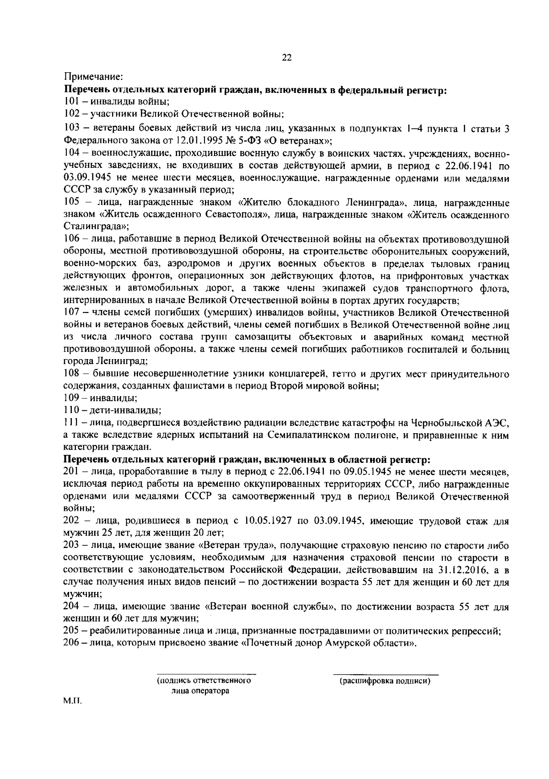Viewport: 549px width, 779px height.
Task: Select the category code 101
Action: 71,102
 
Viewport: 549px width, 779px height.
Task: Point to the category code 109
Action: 72,398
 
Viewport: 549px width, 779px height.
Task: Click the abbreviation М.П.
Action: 73,713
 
